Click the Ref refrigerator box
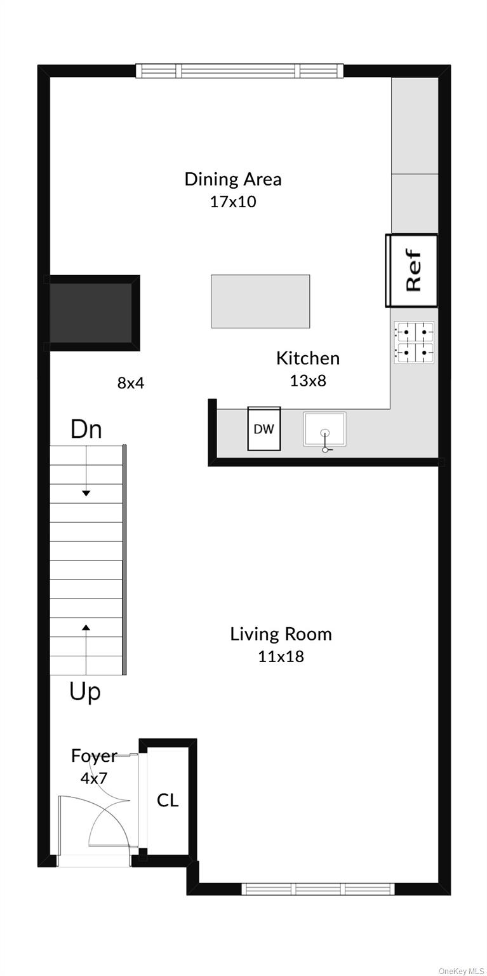coord(411,271)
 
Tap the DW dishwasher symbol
coord(264,429)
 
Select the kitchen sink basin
coord(324,429)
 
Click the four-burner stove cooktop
coord(415,343)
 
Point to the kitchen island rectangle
coord(261,301)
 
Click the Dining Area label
coord(233,179)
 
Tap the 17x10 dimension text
coord(233,201)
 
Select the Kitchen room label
coord(308,358)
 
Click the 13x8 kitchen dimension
coord(308,381)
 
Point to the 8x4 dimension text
coord(131,383)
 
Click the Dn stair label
coord(86,429)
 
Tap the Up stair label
coord(85,692)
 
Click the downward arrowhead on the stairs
coord(86,493)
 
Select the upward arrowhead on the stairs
coord(86,627)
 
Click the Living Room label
coord(281,634)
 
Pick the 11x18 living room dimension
coord(281,656)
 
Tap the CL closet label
coord(168,801)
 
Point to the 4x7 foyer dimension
coord(94,778)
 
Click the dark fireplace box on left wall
coord(92,313)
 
